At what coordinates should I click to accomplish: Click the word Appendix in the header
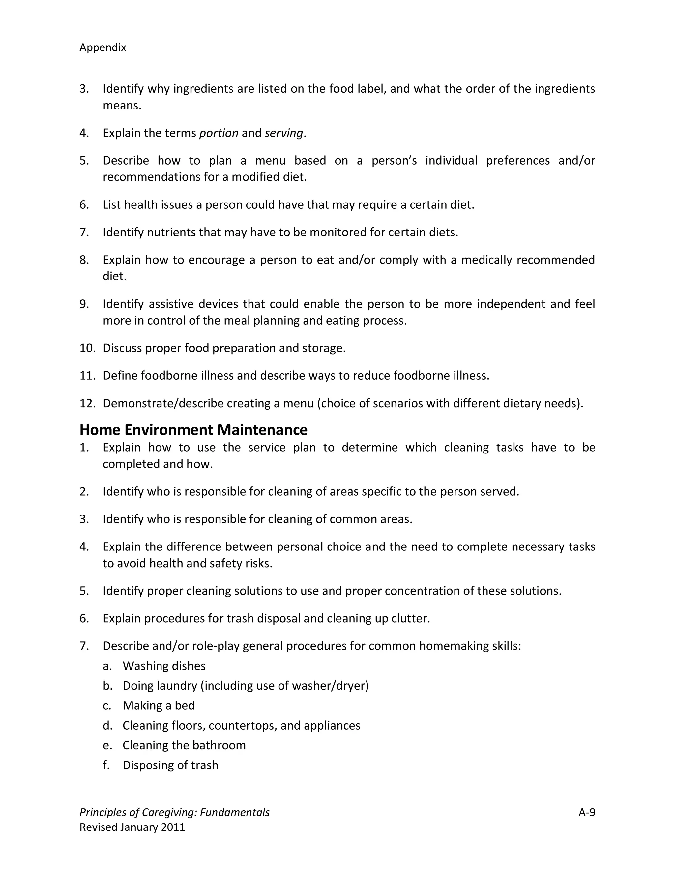click(x=103, y=47)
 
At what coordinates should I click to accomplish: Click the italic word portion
click(x=219, y=133)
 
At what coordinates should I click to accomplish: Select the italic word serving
click(x=283, y=133)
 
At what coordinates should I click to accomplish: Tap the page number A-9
click(x=587, y=812)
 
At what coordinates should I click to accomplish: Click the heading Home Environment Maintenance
click(x=193, y=430)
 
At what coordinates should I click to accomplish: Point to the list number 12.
click(x=87, y=403)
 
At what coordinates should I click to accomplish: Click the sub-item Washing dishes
click(x=164, y=666)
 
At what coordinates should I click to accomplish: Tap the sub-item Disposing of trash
click(x=170, y=765)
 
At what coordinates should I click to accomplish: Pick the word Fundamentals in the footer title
click(x=235, y=812)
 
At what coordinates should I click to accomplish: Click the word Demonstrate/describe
click(x=163, y=403)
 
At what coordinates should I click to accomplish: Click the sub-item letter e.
click(x=106, y=745)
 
